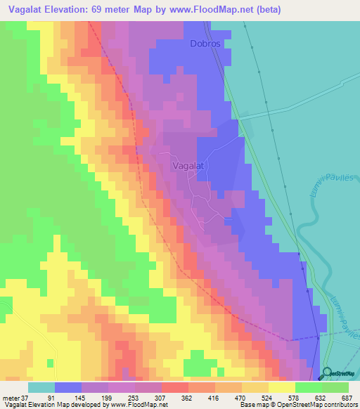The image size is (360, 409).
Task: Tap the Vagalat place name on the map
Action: pos(188,166)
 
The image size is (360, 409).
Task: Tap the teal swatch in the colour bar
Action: pos(41,388)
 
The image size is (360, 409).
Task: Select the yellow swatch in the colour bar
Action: pos(281,388)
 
